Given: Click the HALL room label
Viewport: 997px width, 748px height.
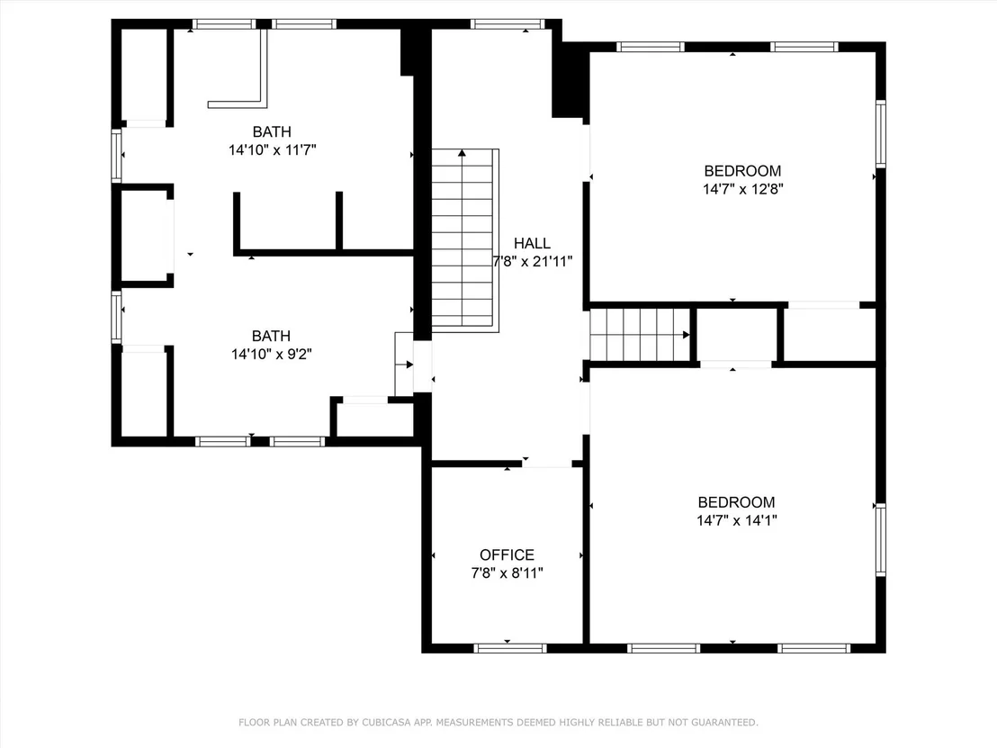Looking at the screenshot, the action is coord(532,243).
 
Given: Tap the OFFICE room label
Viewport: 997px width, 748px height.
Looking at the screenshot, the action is coord(507,554).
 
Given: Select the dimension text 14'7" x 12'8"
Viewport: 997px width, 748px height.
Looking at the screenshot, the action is coord(742,189).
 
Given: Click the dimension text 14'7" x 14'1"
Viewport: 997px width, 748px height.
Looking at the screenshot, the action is coord(737,520).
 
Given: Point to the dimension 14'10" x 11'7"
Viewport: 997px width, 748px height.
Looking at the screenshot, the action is coord(273,150).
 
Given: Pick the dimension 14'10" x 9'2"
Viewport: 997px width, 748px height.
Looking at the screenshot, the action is coord(272,355).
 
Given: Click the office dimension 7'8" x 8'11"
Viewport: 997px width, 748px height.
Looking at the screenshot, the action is coord(507,573).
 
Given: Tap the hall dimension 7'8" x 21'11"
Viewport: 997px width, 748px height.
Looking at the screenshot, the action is coord(533,261).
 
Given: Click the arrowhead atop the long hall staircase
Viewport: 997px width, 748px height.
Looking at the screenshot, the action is coord(463,153).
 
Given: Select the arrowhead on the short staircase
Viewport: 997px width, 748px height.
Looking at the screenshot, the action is coord(686,335).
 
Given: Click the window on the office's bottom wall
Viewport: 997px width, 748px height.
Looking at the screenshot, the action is coord(510,648).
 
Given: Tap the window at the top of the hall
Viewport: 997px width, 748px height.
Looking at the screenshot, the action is coord(507,24).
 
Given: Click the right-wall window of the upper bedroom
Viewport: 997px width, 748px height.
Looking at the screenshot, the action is coord(881,133).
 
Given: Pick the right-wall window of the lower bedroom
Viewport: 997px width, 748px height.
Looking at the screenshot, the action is coord(881,539).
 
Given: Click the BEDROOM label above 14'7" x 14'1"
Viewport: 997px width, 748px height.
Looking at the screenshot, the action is coord(736,502).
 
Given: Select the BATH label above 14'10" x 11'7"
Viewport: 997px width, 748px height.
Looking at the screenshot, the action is coord(272,131).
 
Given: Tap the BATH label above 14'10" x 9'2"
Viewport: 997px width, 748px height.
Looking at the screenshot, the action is coord(272,336).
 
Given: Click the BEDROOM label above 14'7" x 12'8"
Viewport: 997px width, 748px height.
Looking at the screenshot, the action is coord(742,170).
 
